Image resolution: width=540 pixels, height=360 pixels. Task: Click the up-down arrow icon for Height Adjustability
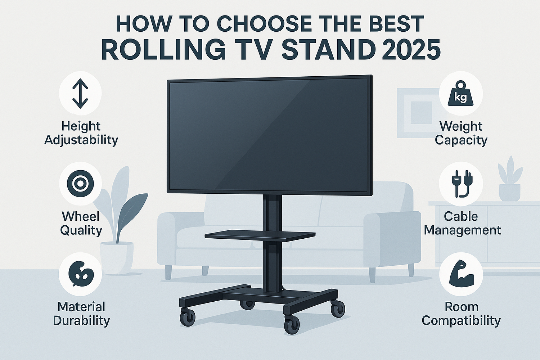[80, 93]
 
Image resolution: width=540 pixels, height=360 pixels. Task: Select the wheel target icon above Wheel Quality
[80, 184]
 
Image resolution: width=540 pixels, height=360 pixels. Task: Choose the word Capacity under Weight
[461, 140]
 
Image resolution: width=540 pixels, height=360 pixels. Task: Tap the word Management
[462, 231]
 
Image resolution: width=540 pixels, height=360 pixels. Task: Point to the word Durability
[81, 321]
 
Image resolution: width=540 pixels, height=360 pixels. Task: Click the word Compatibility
[461, 321]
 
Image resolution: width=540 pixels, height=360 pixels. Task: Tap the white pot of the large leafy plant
[117, 258]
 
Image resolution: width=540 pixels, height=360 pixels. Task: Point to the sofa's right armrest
[392, 239]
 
